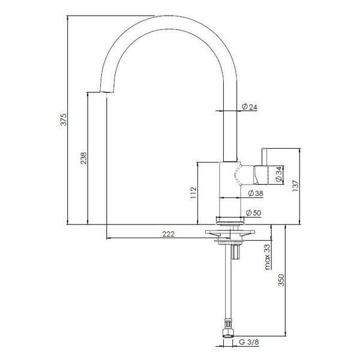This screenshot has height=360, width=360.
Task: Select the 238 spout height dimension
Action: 83,158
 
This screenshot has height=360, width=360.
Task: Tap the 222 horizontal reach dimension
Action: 168,235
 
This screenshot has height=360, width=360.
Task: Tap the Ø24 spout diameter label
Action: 250,107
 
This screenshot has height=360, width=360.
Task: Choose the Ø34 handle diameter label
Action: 280,175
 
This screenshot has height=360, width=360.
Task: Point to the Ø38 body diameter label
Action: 254,193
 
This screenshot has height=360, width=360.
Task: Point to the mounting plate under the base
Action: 230,231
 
